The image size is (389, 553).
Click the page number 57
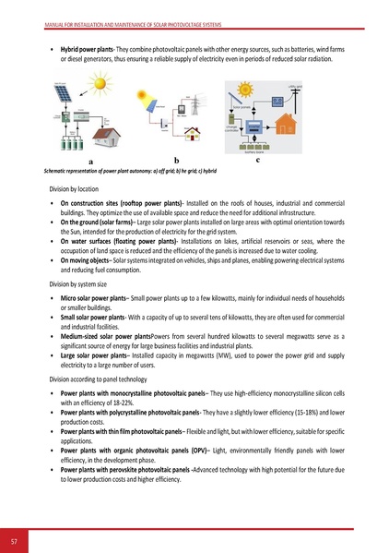click(x=14, y=538)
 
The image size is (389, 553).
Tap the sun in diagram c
click(x=236, y=90)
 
